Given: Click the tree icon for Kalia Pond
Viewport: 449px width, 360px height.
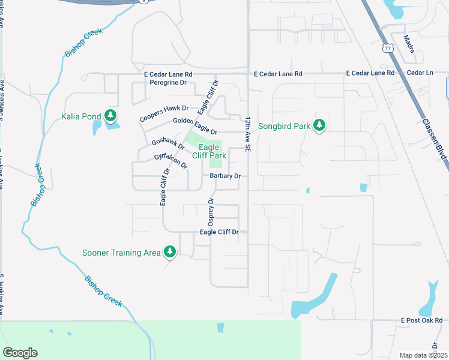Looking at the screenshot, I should tap(110, 115).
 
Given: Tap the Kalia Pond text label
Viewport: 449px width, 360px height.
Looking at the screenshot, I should tap(81, 116).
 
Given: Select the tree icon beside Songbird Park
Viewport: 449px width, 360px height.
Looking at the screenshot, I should tap(320, 125).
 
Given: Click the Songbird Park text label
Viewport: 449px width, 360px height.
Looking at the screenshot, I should tap(284, 126).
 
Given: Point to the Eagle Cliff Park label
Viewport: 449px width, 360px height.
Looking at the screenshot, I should tap(209, 151).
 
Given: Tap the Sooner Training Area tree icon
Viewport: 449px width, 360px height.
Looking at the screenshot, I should tap(170, 252).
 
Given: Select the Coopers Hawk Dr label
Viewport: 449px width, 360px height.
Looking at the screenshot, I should tap(164, 114).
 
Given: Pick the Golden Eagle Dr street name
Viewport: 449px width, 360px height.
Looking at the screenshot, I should tap(194, 126).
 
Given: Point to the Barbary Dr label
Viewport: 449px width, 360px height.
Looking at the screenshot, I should tap(225, 176).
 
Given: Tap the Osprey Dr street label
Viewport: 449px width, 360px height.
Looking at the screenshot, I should tap(211, 212).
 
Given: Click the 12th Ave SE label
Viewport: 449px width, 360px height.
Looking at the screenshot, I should tap(247, 133).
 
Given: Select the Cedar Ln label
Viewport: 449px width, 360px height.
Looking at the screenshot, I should tap(420, 73).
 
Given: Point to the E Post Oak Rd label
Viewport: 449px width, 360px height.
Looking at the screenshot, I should tap(423, 321).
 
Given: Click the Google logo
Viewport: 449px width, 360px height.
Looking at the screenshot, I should tap(20, 352).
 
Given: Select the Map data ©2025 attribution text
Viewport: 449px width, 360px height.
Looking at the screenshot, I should tap(423, 355).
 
